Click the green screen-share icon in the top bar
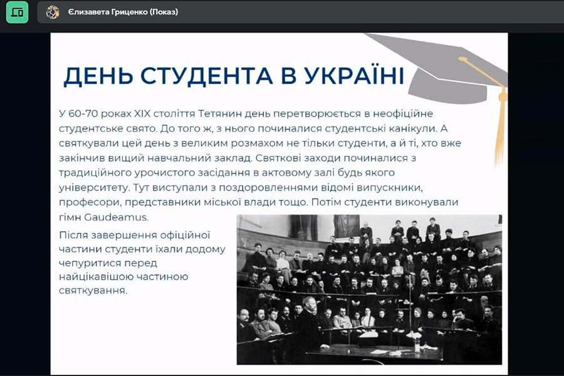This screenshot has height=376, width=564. point(17,12)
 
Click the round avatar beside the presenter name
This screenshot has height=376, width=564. point(53,12)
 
